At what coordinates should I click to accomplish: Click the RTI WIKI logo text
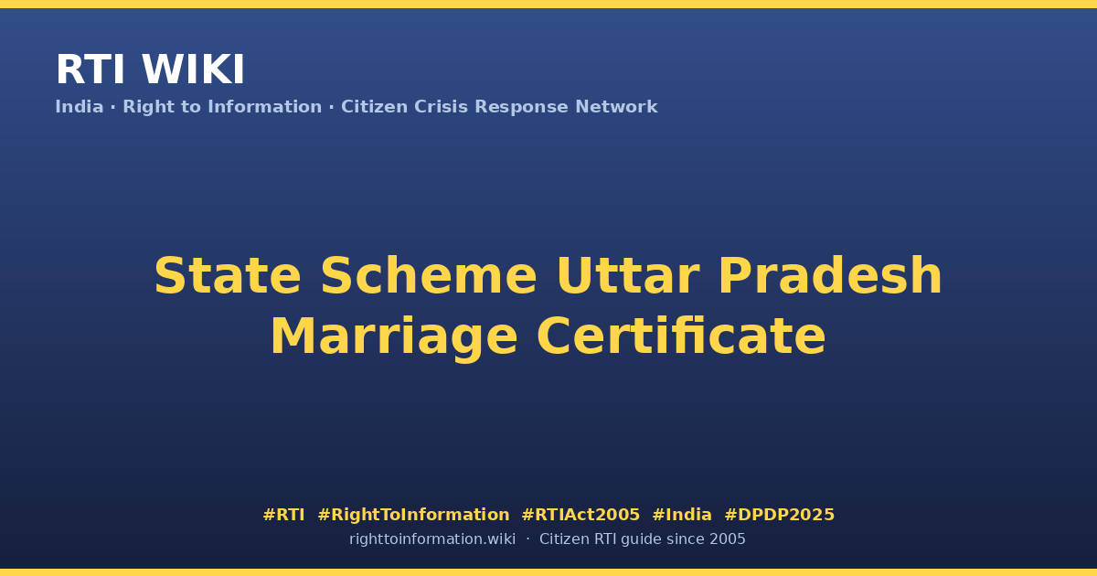[x=150, y=69]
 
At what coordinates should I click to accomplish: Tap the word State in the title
[x=228, y=276]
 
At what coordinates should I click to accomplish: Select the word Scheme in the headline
[x=429, y=276]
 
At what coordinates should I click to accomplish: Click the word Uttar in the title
[x=627, y=276]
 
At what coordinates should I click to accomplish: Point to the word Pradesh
[x=830, y=276]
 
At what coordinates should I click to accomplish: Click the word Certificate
[x=681, y=336]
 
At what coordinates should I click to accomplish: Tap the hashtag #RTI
[x=283, y=515]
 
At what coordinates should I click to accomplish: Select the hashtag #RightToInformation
[x=413, y=515]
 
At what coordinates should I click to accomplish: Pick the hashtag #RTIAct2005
[x=580, y=515]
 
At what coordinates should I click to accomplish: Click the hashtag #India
[x=682, y=515]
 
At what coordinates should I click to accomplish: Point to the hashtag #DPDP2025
[x=779, y=515]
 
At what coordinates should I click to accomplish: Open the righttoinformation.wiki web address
[x=431, y=539]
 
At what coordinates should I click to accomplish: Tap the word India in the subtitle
[x=80, y=107]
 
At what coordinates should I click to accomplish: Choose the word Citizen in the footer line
[x=564, y=539]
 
